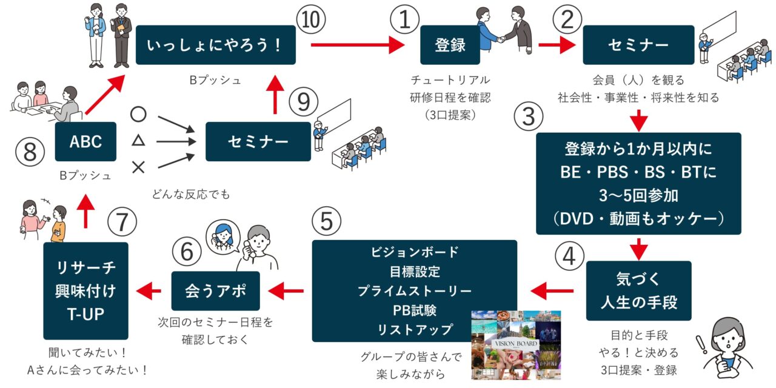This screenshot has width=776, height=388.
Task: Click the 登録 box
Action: [x=450, y=45]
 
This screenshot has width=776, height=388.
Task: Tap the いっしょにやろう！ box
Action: [x=215, y=45]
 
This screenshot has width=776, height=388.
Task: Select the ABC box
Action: [x=85, y=141]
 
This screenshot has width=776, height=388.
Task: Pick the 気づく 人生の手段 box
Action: [x=638, y=290]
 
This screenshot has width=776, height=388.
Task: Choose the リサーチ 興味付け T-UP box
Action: [x=85, y=290]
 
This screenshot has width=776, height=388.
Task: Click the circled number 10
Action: [x=311, y=20]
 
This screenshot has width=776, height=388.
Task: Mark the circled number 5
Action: [x=327, y=221]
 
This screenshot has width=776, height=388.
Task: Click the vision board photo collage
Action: [x=516, y=345]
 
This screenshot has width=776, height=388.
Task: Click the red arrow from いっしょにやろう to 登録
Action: [x=358, y=45]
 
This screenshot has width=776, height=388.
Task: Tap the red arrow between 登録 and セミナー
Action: [x=557, y=45]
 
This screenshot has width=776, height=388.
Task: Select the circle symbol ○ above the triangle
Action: [x=138, y=115]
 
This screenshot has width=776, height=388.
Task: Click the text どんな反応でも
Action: [x=192, y=195]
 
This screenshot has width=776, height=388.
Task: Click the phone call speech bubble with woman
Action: [x=224, y=236]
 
